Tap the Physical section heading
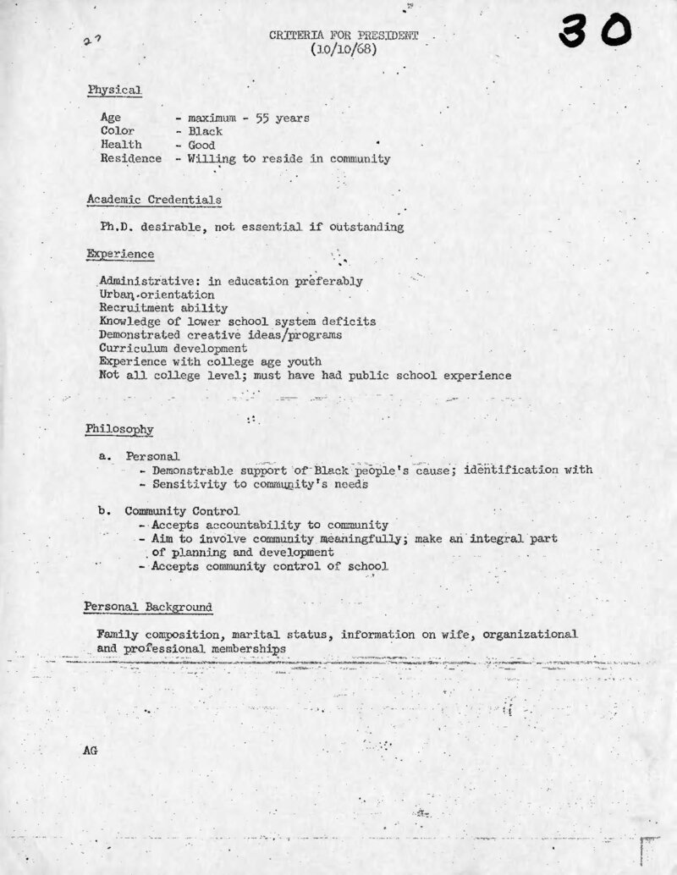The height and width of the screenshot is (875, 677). pyautogui.click(x=114, y=90)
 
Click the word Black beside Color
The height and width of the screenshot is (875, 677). pyautogui.click(x=206, y=131)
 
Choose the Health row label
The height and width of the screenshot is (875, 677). pyautogui.click(x=121, y=145)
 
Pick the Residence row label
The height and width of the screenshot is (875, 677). pyautogui.click(x=130, y=158)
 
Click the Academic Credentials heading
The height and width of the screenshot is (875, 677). pyautogui.click(x=154, y=200)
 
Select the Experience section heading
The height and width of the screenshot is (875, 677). pyautogui.click(x=120, y=253)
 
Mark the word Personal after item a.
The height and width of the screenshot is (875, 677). pyautogui.click(x=152, y=456)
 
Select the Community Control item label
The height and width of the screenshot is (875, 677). pyautogui.click(x=182, y=511)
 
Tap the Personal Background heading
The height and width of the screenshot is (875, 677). pyautogui.click(x=148, y=607)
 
